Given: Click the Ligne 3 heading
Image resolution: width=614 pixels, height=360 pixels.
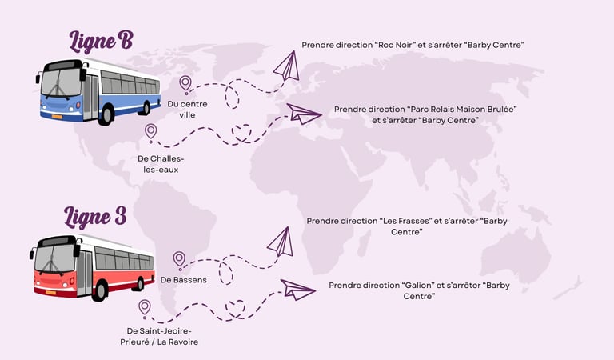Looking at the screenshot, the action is pyautogui.click(x=96, y=217).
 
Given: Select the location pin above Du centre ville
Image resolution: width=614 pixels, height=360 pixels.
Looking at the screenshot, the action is pyautogui.click(x=185, y=83).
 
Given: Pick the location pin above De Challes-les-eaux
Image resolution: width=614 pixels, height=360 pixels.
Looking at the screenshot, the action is pyautogui.click(x=150, y=131).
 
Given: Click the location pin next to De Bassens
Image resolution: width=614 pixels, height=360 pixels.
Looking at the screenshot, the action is pyautogui.click(x=179, y=259).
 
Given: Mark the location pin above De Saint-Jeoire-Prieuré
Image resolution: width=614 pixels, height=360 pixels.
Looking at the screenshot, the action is pyautogui.click(x=145, y=306).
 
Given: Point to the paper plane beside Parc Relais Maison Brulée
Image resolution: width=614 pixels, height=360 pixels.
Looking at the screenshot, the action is pyautogui.click(x=304, y=114).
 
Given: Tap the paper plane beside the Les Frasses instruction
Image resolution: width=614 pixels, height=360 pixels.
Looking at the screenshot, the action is pyautogui.click(x=279, y=242).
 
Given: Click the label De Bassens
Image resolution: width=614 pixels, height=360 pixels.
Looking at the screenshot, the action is pyautogui.click(x=183, y=280).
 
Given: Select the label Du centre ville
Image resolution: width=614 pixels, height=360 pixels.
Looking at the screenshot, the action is pyautogui.click(x=187, y=109).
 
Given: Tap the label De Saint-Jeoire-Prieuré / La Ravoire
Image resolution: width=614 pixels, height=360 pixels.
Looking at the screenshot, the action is pyautogui.click(x=161, y=336).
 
